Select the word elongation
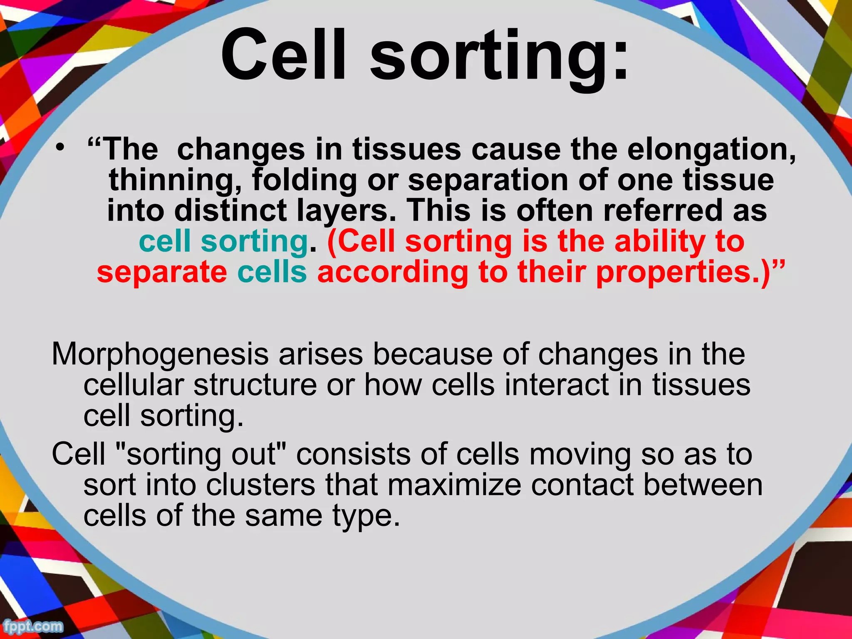[711, 150]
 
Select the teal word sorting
[254, 242]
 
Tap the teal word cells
[272, 272]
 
